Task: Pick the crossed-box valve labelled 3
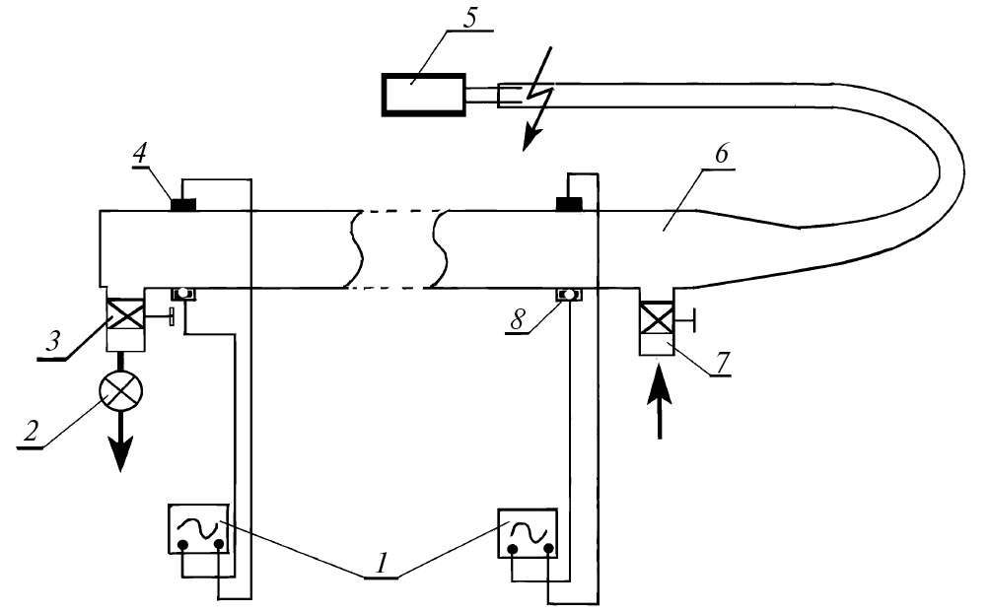coord(124,317)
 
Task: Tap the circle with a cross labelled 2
coord(122,392)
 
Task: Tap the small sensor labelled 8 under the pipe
coord(568,294)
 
